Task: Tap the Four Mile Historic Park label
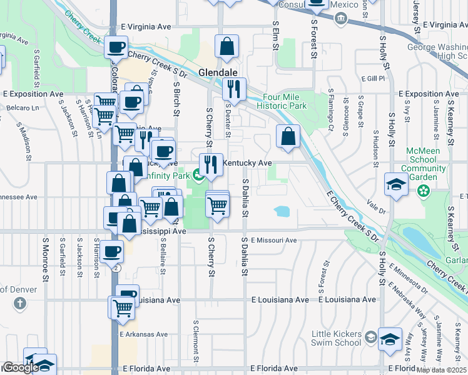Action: pos(285,101)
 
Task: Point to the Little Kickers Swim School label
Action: pos(337,338)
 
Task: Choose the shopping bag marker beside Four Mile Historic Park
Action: pos(288,136)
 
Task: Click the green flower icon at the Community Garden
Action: pos(424,190)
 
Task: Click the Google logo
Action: pos(20,367)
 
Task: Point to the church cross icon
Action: pos(20,304)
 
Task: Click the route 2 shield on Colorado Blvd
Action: pos(116,267)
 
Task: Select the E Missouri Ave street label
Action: pos(274,240)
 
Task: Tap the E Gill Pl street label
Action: pos(373,78)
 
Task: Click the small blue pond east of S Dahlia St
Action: pos(282,211)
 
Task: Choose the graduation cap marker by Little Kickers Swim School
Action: pos(390,339)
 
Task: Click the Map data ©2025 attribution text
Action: pos(440,370)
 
